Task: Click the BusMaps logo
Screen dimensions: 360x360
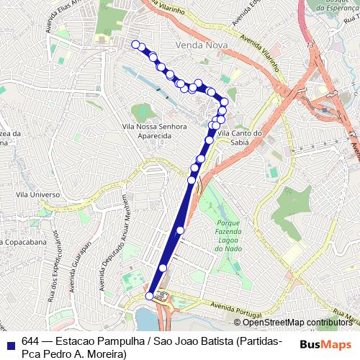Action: [326, 343]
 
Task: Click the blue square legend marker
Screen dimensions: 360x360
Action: [9, 342]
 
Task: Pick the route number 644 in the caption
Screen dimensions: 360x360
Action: [30, 341]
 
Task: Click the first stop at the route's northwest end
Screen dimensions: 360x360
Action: [135, 45]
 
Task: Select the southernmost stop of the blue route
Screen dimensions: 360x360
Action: [150, 296]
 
